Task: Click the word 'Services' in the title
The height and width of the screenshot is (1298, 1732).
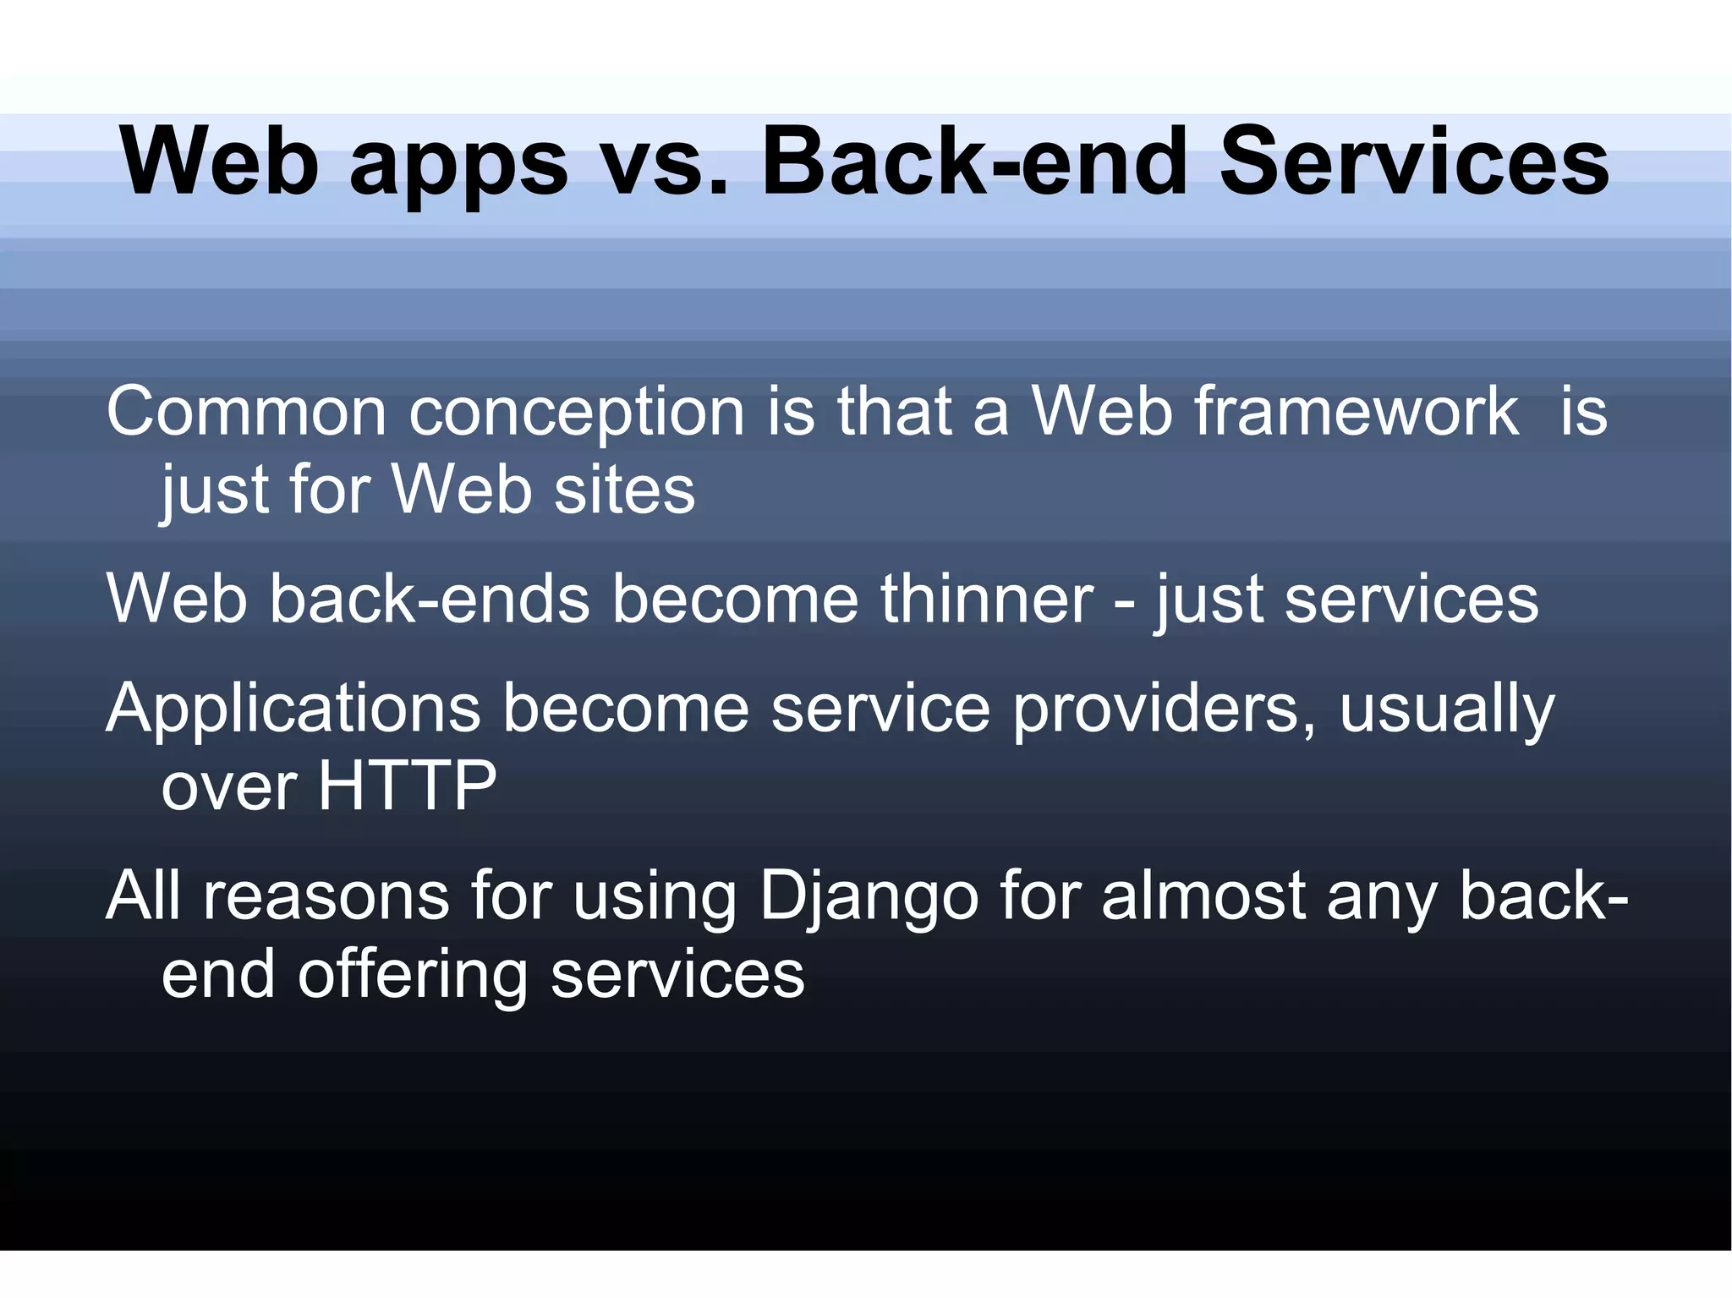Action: (x=1414, y=161)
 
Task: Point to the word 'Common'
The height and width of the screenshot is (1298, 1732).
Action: (x=246, y=412)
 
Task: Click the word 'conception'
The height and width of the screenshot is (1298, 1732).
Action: (x=576, y=412)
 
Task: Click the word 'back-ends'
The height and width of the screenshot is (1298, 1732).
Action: (x=430, y=599)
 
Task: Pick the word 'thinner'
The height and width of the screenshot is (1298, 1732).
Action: (x=987, y=599)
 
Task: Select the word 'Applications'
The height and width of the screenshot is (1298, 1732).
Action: (x=293, y=709)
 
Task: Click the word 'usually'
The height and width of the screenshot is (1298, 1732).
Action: (x=1447, y=709)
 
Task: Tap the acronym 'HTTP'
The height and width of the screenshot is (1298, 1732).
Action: (x=407, y=786)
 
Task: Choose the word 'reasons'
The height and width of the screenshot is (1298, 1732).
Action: (x=326, y=896)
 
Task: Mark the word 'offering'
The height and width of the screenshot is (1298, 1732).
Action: (x=412, y=975)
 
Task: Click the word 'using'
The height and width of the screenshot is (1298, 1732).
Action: (x=655, y=896)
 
